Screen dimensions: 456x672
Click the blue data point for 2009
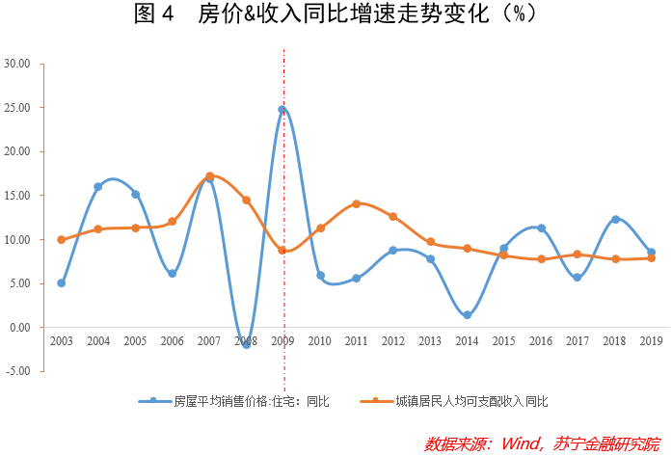(x=282, y=110)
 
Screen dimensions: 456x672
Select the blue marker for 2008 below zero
(x=246, y=344)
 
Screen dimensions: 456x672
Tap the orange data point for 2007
(x=209, y=176)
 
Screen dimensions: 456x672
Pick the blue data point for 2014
(x=467, y=315)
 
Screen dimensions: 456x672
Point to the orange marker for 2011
(x=357, y=203)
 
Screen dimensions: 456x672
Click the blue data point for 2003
(x=61, y=283)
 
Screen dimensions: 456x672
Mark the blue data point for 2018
(x=615, y=220)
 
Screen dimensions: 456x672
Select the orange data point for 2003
(x=61, y=240)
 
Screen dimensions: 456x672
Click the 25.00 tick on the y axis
(x=17, y=108)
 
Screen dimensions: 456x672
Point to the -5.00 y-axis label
(x=17, y=371)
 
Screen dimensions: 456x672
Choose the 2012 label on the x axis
(x=393, y=342)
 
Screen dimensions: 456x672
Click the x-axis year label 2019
(x=652, y=342)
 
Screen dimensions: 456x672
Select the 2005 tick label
(x=135, y=342)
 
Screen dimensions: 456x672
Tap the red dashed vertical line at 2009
(x=283, y=241)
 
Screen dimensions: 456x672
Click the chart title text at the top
(x=335, y=14)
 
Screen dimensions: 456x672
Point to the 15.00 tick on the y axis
(x=17, y=196)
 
